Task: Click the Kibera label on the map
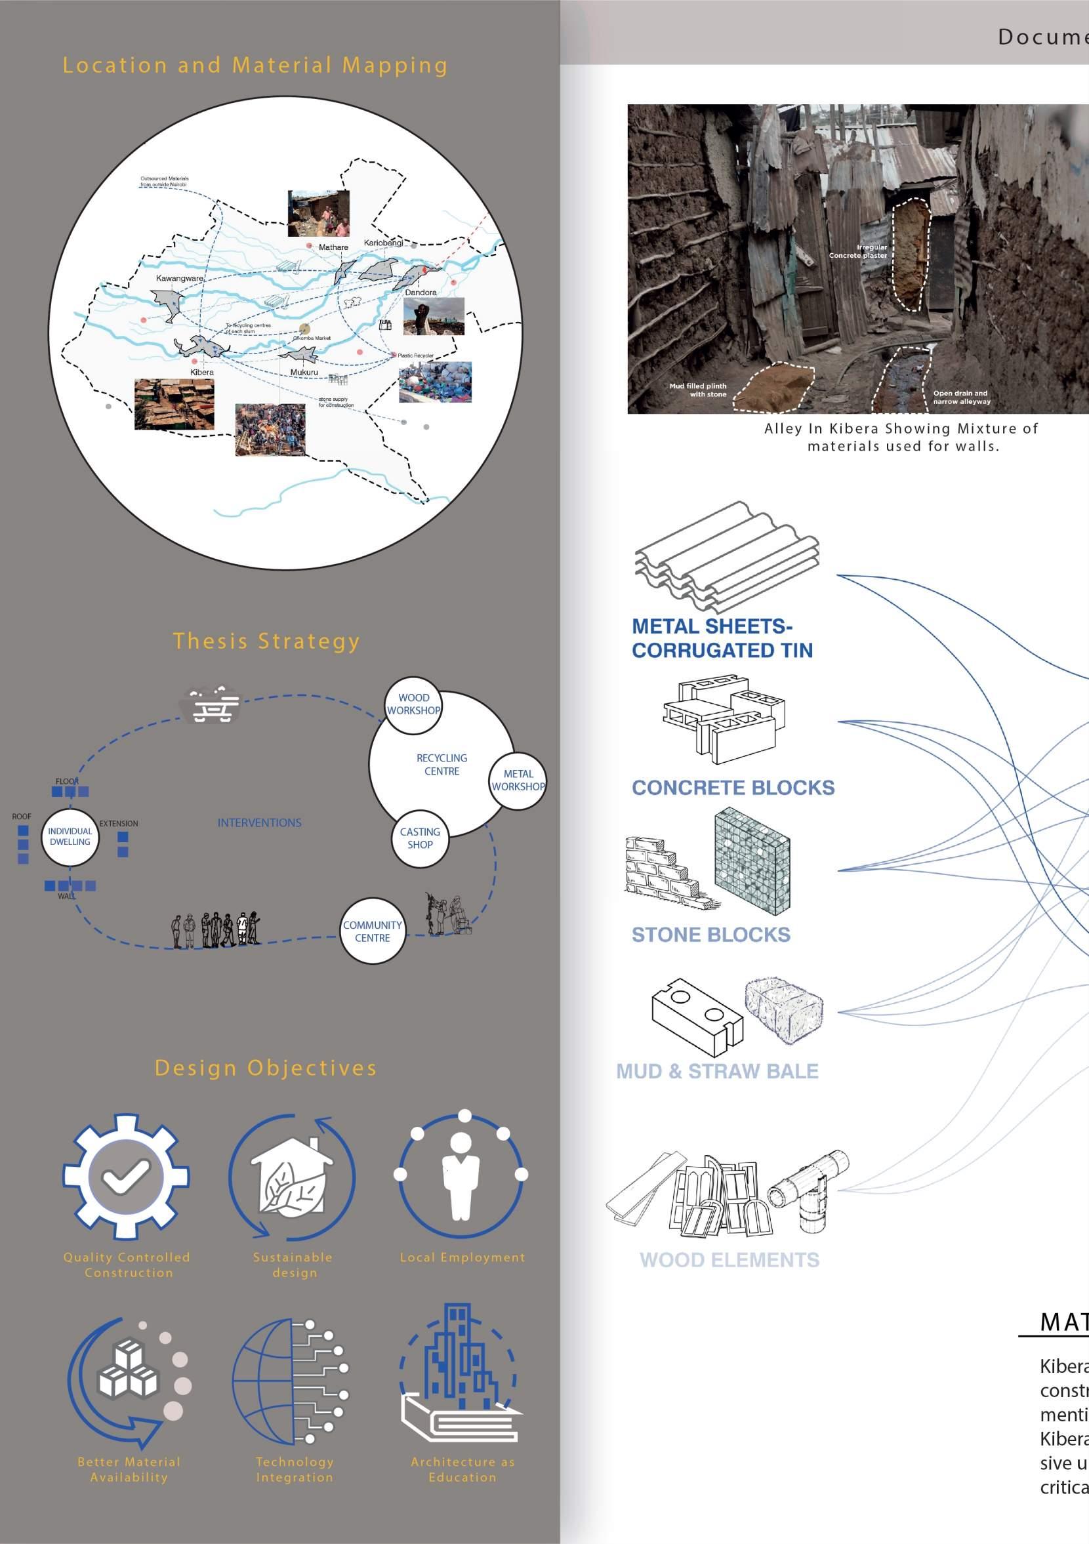202,372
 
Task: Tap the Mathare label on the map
333,247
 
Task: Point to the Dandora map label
421,293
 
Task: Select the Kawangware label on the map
179,277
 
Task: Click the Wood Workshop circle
413,704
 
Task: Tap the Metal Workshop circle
517,780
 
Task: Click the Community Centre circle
372,931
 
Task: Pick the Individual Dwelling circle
70,836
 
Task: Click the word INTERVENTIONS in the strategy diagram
259,823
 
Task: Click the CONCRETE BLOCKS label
733,788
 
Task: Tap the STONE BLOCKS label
710,935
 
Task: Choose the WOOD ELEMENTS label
729,1259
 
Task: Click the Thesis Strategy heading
266,641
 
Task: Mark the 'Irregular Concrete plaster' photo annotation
858,251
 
